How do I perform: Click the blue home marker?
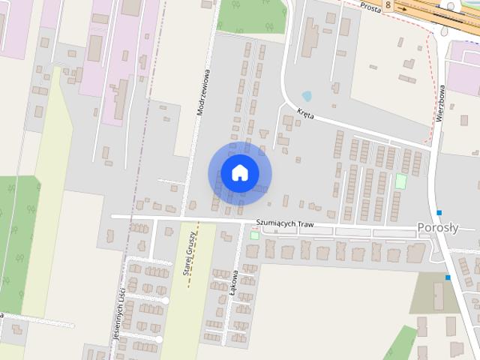pos(239,173)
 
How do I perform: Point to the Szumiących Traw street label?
pos(283,223)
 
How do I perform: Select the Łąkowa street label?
pos(235,283)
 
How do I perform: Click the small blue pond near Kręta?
pos(307,96)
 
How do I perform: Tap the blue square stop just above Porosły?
pos(439,211)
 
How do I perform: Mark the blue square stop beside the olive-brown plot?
pos(448,277)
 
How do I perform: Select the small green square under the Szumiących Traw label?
pos(254,235)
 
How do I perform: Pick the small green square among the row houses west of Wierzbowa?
pos(400,181)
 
